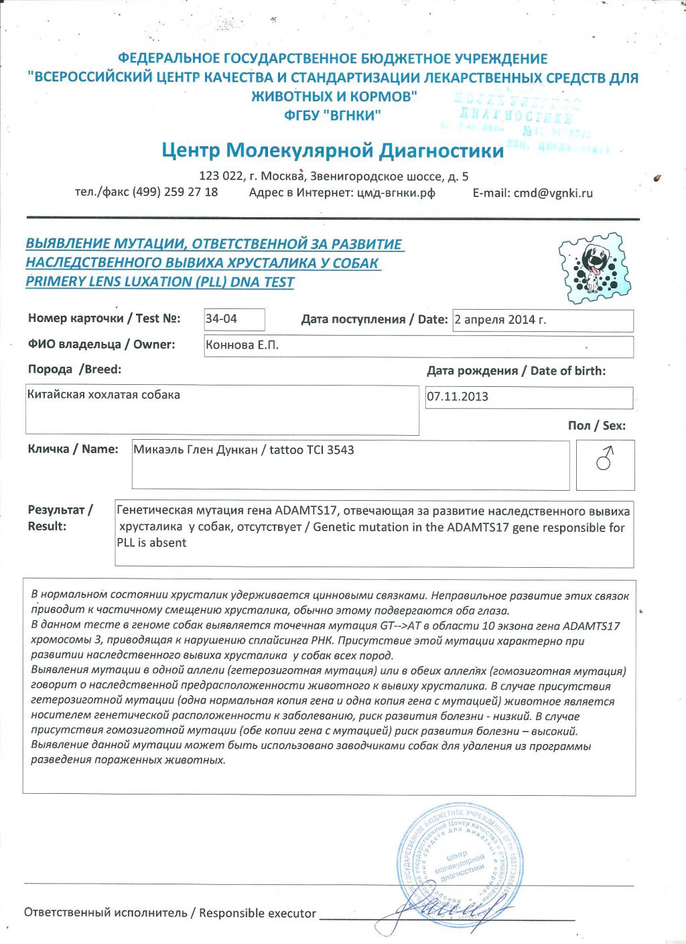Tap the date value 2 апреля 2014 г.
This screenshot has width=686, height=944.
tap(500, 320)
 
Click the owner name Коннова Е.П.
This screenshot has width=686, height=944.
tap(242, 345)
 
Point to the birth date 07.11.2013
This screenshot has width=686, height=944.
tap(458, 396)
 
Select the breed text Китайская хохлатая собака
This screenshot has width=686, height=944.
tap(104, 395)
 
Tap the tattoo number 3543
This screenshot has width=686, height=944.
tap(341, 450)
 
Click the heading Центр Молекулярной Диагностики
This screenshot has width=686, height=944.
tap(332, 150)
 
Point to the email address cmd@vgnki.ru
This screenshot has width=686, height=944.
tap(553, 193)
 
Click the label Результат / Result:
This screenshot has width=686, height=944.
tap(60, 518)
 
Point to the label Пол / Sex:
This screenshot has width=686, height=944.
tap(596, 426)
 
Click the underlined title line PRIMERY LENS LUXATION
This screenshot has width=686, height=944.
tap(159, 282)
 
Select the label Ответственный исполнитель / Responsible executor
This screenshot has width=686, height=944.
tap(170, 912)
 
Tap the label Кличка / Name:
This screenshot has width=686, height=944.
tap(73, 449)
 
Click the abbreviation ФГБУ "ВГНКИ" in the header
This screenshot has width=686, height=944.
tap(332, 115)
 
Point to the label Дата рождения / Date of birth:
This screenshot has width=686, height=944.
tap(516, 371)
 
